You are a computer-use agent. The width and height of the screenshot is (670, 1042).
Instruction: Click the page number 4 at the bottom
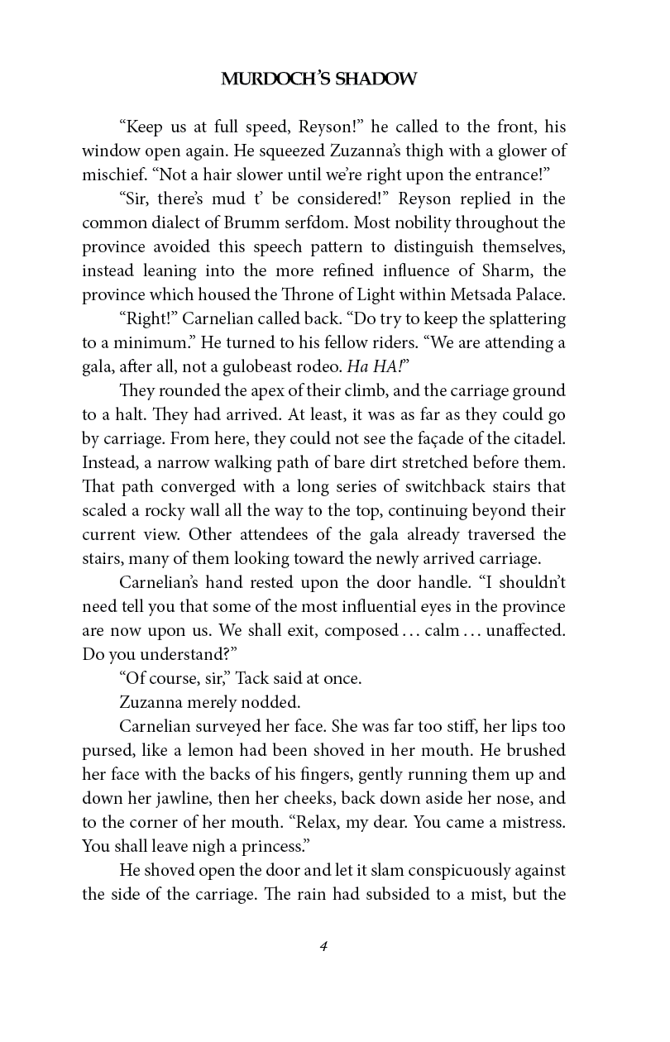tap(324, 948)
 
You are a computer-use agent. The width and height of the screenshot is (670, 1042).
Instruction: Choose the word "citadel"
tap(537, 438)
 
